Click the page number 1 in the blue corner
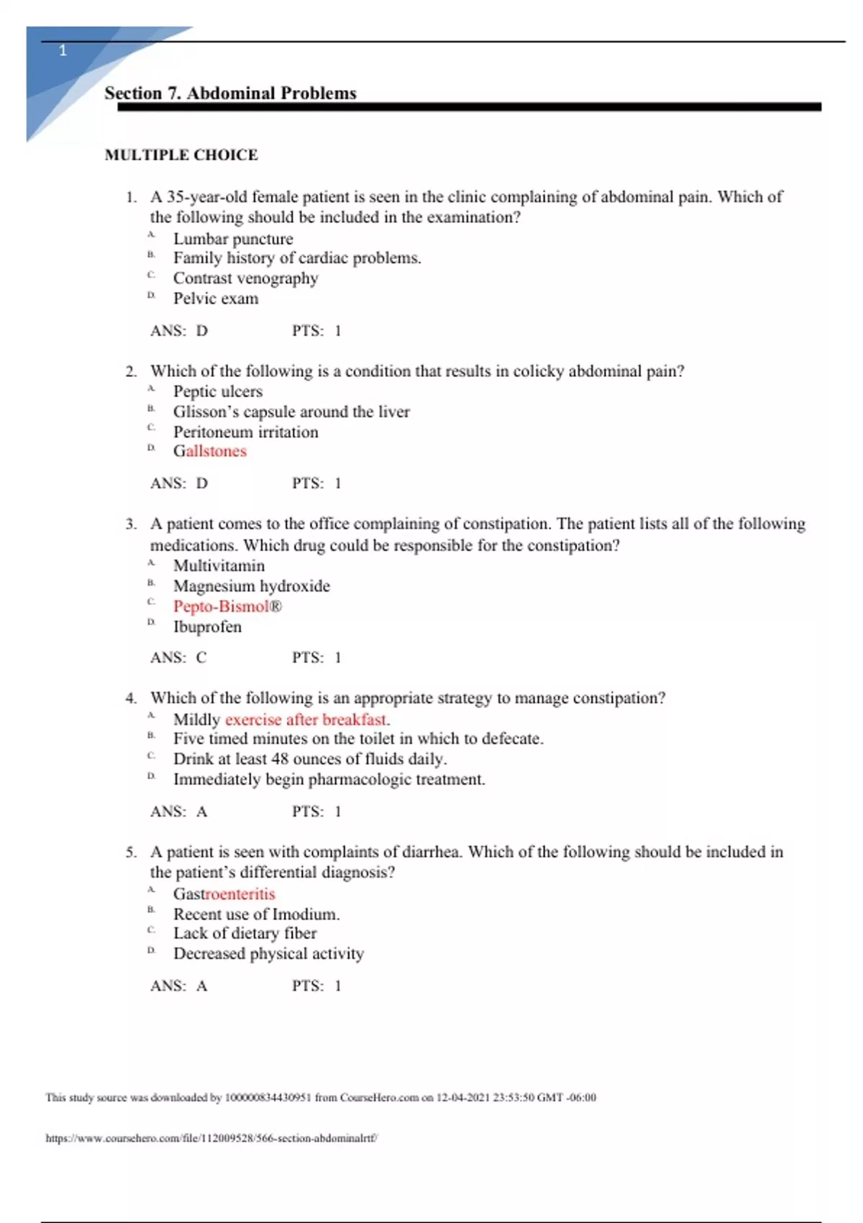(x=63, y=50)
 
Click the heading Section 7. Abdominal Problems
(x=230, y=94)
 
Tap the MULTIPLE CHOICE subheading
(x=181, y=155)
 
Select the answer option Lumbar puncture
(x=233, y=239)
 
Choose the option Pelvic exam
(x=216, y=299)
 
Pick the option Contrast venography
(x=245, y=278)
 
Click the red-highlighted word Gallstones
(x=210, y=451)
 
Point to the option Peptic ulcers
(x=218, y=391)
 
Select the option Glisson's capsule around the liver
(x=291, y=412)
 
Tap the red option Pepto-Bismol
(x=227, y=606)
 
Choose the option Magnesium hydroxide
(x=251, y=586)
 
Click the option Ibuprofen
(x=207, y=627)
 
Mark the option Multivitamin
(x=219, y=566)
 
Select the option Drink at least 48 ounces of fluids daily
(x=310, y=759)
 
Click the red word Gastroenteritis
(x=224, y=894)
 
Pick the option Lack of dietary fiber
(x=245, y=933)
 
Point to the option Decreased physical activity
(x=268, y=953)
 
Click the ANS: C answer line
(x=178, y=658)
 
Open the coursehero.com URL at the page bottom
(x=211, y=1138)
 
